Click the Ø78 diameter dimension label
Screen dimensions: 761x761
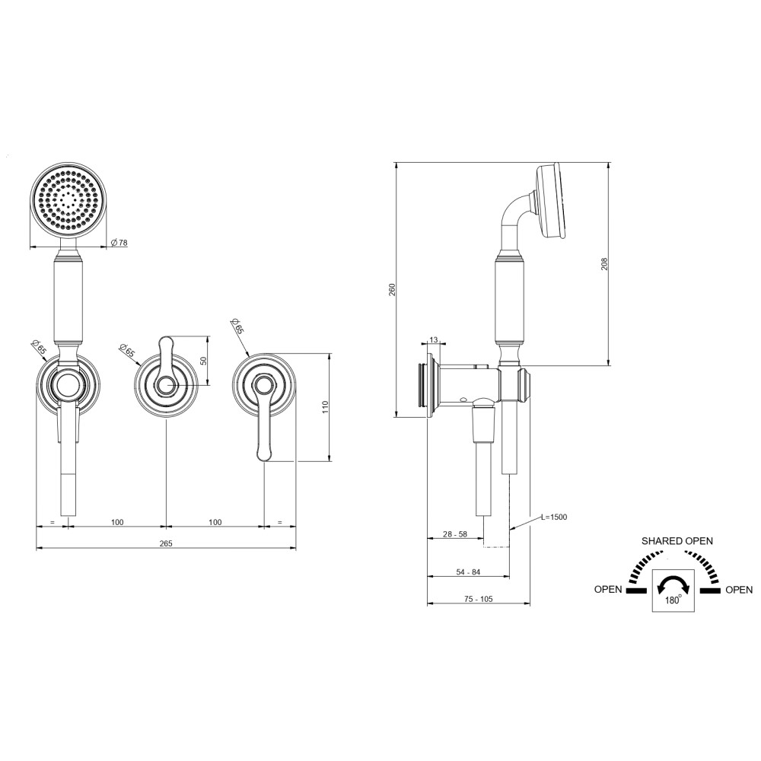click(119, 242)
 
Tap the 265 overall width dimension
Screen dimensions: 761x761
click(166, 543)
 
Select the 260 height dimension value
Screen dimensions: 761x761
click(393, 289)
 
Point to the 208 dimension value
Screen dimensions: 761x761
click(604, 264)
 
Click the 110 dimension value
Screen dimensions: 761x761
click(325, 406)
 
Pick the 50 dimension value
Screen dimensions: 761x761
click(204, 361)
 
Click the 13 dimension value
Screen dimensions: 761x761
click(434, 339)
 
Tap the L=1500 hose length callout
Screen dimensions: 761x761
click(554, 517)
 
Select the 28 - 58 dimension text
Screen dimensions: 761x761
click(455, 534)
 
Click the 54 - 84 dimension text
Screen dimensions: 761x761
click(468, 572)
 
